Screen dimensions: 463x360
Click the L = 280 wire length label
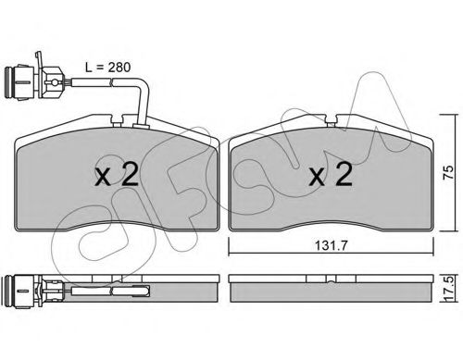click(107, 68)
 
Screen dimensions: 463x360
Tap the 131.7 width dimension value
click(331, 245)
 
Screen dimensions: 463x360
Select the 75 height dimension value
click(448, 172)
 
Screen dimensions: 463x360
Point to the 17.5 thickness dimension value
click(449, 288)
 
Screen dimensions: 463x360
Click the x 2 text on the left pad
click(117, 174)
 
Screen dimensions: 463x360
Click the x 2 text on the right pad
click(331, 174)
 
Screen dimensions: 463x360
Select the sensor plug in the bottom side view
click(21, 291)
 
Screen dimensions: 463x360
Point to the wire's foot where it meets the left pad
click(141, 126)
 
